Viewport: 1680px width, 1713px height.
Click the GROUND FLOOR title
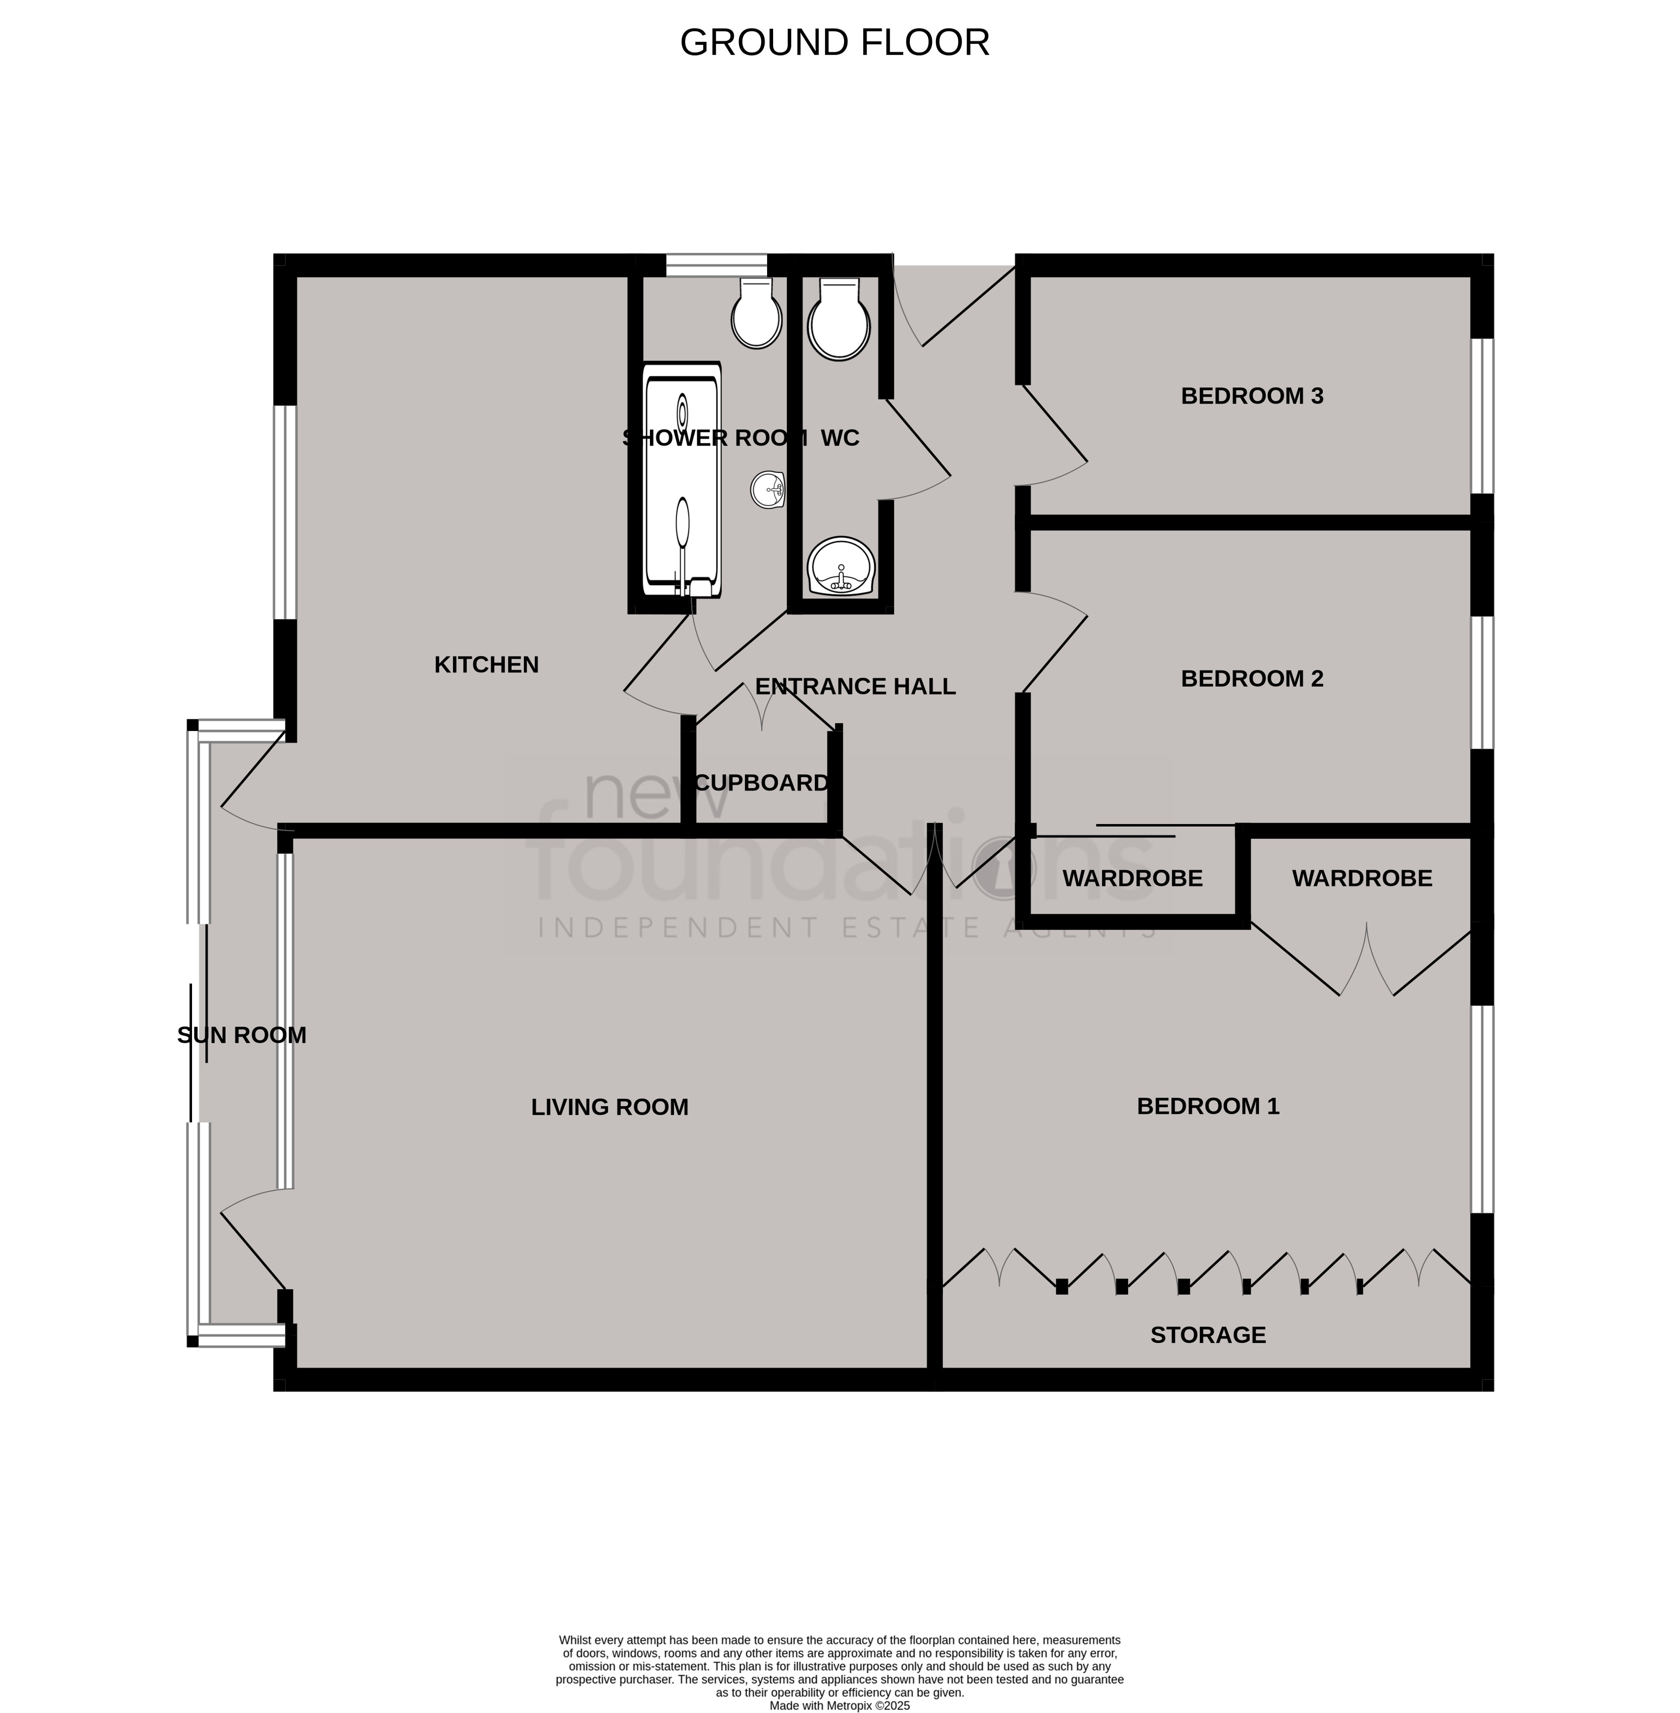pos(834,42)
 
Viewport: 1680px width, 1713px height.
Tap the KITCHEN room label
pos(486,665)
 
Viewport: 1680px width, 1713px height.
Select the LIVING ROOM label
pos(610,1107)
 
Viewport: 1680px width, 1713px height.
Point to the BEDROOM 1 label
pos(1208,1106)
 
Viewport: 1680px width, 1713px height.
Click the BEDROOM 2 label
pos(1252,679)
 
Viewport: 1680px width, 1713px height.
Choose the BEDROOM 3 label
pos(1252,396)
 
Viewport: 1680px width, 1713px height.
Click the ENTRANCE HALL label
pos(855,687)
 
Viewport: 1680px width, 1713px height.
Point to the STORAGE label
pos(1208,1335)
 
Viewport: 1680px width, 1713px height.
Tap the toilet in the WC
pos(839,319)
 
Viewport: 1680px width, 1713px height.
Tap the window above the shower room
pos(716,265)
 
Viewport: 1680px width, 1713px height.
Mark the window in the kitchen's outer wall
pos(284,512)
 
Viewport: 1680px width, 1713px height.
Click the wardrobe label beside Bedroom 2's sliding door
pos(1132,879)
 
